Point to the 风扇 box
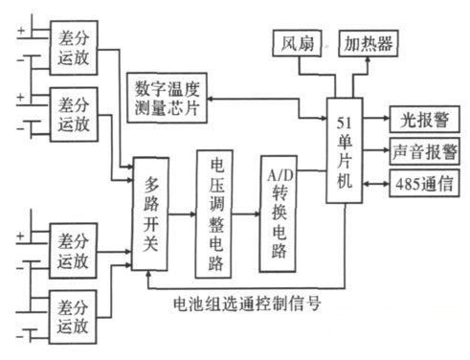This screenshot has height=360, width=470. [293, 44]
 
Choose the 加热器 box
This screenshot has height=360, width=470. [369, 44]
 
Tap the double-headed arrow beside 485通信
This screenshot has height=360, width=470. [378, 182]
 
